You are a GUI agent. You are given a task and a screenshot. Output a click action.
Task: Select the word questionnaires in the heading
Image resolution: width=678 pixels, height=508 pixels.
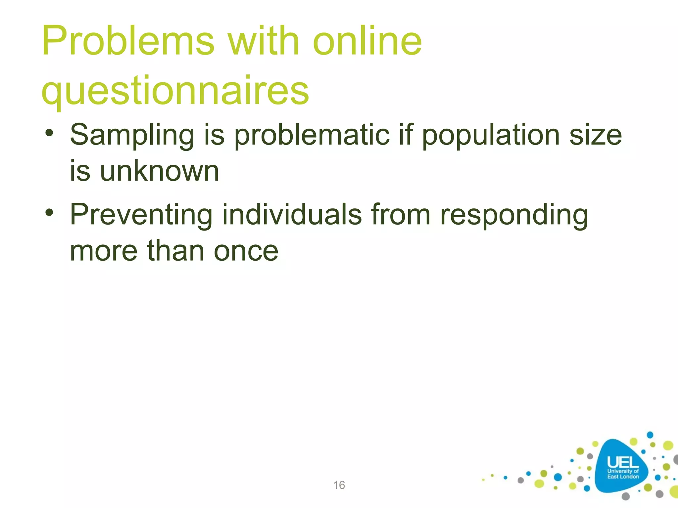175,91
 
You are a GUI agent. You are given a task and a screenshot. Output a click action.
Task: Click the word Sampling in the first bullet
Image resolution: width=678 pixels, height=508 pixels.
132,136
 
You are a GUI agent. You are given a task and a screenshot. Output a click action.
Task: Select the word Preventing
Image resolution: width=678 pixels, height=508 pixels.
141,215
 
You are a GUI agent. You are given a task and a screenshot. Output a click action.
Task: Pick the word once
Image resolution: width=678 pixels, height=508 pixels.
246,251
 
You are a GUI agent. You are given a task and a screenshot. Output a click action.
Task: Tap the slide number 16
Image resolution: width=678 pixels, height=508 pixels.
339,485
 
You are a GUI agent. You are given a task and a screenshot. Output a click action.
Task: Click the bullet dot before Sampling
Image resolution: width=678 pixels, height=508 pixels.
49,134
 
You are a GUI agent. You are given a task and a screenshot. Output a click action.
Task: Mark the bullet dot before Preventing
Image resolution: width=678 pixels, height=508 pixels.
49,213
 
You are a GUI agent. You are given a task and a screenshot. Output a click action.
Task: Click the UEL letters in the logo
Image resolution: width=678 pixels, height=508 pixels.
622,462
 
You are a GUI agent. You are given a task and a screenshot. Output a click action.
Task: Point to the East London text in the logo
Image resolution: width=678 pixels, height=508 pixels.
623,477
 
